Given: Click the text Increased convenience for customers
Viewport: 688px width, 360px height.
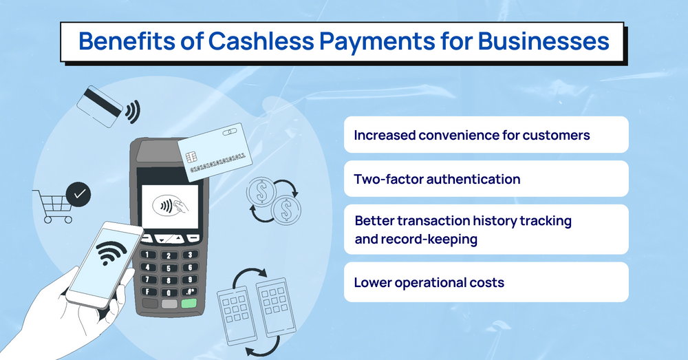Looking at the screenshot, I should (472, 135).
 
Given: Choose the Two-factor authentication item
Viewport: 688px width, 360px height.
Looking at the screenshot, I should (437, 179).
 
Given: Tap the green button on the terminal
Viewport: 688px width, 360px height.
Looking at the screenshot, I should (189, 304).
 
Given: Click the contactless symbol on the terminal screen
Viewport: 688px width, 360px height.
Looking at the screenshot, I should (166, 205).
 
